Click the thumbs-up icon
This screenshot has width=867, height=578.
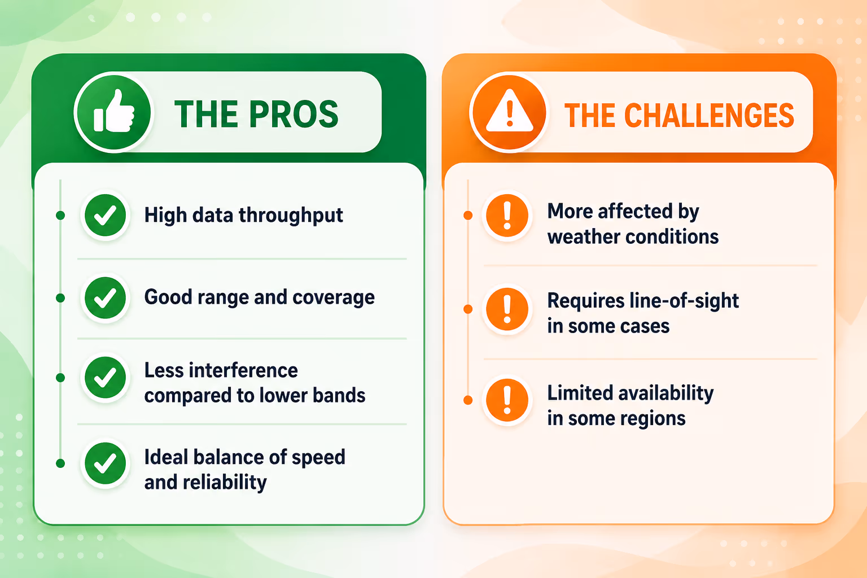[x=114, y=112]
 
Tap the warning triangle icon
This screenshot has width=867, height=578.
[x=509, y=112]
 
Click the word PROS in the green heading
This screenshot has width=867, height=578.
[x=294, y=114]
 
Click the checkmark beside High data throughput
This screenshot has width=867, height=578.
[x=106, y=215]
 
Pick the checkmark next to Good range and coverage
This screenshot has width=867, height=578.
[x=106, y=297]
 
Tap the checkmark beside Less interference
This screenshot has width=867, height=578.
[x=106, y=378]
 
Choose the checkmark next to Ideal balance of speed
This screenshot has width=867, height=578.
[x=106, y=463]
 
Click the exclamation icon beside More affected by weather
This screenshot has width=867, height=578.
[x=507, y=215]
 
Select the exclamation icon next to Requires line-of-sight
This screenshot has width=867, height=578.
[x=507, y=309]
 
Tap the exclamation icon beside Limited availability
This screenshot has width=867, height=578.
[x=507, y=400]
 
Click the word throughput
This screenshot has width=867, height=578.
[x=291, y=216]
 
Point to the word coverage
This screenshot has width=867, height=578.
[x=334, y=297]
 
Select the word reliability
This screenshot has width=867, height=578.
[x=225, y=483]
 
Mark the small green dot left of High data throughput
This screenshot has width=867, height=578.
[x=60, y=215]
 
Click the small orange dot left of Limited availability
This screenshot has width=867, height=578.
[x=468, y=400]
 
